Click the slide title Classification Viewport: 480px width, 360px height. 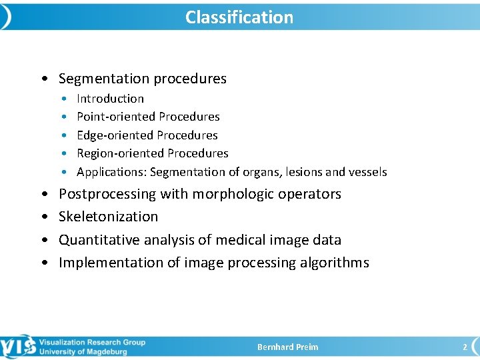pyautogui.click(x=239, y=17)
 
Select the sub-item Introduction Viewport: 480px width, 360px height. pyautogui.click(x=110, y=99)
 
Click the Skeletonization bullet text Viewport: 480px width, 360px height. pyautogui.click(x=108, y=217)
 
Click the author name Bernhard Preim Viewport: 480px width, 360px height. pyautogui.click(x=288, y=347)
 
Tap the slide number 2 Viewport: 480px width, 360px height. pyautogui.click(x=465, y=347)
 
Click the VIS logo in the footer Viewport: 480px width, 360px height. pyautogui.click(x=18, y=347)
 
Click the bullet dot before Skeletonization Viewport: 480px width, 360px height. pyautogui.click(x=44, y=217)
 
